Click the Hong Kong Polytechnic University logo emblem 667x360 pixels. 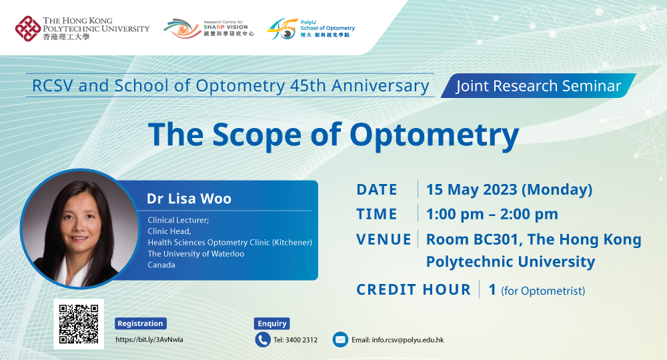click(27, 29)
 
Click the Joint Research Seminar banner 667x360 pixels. click(538, 86)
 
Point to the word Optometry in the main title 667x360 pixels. click(434, 135)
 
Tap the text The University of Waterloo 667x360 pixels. click(195, 253)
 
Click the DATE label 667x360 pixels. click(377, 189)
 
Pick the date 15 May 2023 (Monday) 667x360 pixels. click(509, 189)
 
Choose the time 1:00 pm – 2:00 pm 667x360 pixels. click(492, 214)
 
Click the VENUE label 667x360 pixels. click(384, 239)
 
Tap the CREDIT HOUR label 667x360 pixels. click(414, 289)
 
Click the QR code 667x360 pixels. click(79, 323)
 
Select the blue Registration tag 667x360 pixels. click(140, 323)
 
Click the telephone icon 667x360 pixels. click(263, 339)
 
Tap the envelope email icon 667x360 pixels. click(340, 339)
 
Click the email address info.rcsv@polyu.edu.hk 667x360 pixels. click(398, 340)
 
